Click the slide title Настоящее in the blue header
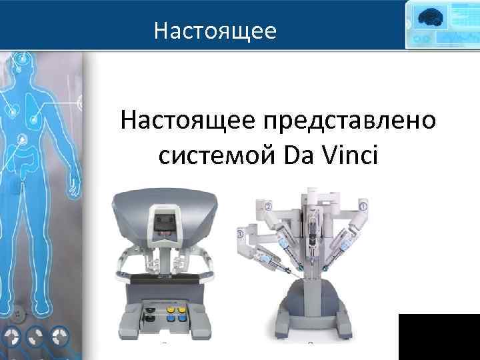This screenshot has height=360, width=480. coord(214,31)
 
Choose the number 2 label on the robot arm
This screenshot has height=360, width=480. coord(267,205)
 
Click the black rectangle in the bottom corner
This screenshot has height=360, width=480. coord(439,336)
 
